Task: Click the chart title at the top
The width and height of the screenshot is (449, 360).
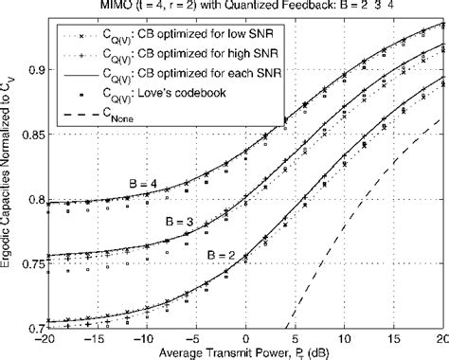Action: pyautogui.click(x=247, y=8)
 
